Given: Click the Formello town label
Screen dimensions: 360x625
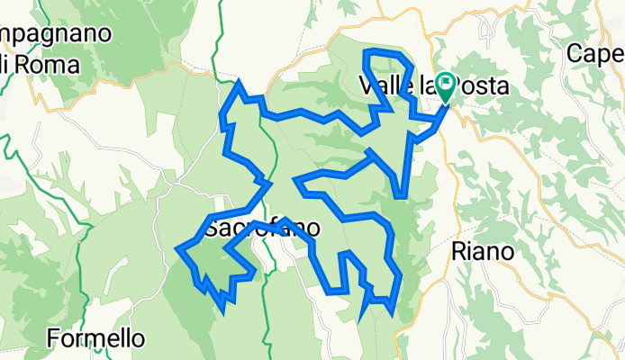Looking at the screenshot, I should click(x=95, y=339).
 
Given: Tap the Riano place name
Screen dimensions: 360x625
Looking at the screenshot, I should click(x=484, y=251).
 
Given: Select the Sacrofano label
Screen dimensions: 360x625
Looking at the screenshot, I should click(x=261, y=229).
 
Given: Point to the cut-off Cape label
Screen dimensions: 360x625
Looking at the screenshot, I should click(x=595, y=54).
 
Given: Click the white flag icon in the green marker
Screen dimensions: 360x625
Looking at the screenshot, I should click(x=447, y=85).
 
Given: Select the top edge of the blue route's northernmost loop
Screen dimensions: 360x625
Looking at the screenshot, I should click(x=382, y=52).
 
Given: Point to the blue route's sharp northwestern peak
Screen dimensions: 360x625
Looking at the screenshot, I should click(x=239, y=83).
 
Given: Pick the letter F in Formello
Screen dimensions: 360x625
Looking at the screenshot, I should click(x=53, y=339).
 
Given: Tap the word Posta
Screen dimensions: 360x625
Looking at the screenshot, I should click(x=481, y=86).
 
